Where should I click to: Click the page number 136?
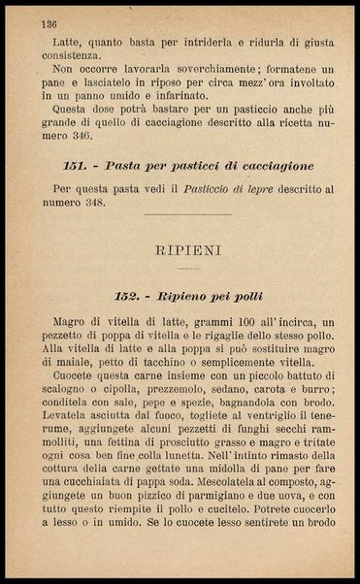[48, 23]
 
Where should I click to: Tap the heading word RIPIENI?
[188, 250]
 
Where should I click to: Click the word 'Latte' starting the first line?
[57, 43]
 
